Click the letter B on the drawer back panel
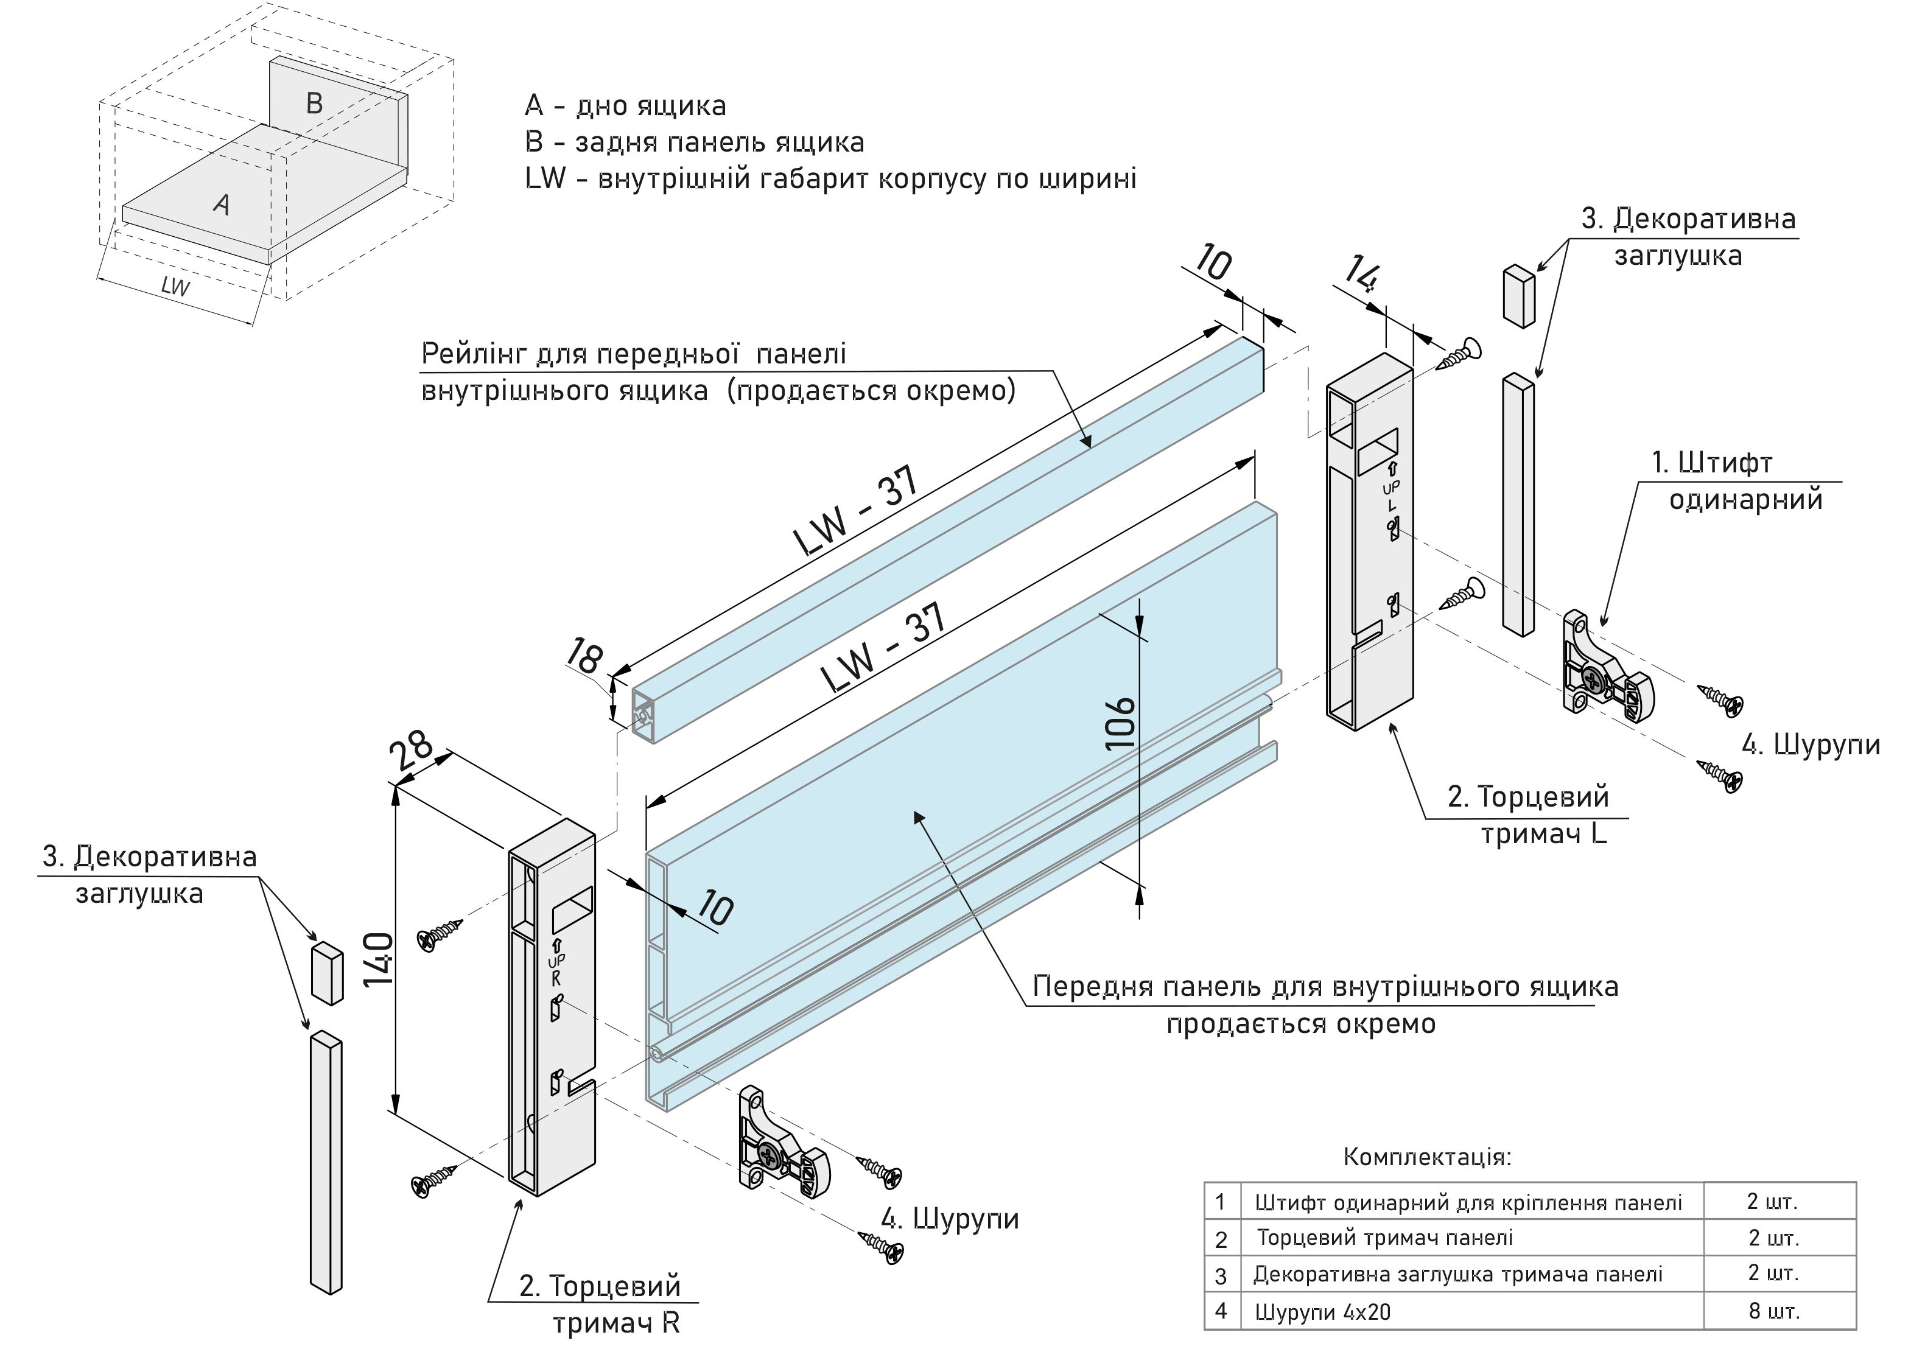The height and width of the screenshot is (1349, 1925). [314, 103]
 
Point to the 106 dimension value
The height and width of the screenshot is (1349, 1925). [1121, 722]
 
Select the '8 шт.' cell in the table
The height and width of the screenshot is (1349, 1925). [1774, 1311]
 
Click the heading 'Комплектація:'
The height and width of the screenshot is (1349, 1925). [1427, 1157]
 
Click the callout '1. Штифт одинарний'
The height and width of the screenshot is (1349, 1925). [1736, 480]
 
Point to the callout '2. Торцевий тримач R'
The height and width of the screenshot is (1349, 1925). [600, 1304]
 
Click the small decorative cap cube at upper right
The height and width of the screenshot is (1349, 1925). [1518, 295]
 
